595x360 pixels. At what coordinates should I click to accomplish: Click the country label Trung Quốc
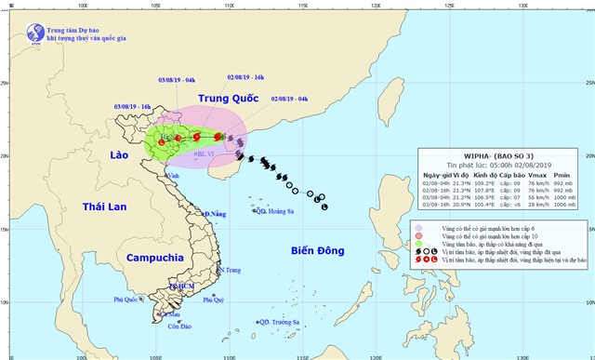click(x=223, y=97)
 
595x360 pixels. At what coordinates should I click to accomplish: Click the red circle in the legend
click(x=420, y=237)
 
